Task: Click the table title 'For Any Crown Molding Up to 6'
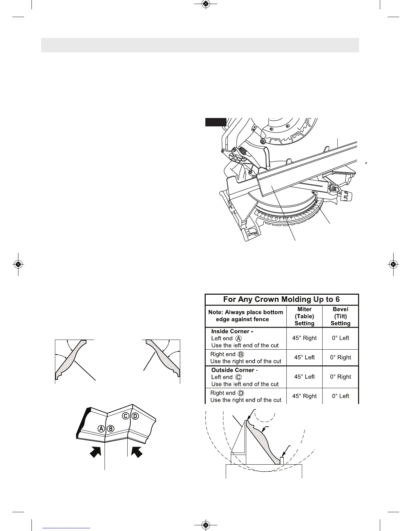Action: (281, 299)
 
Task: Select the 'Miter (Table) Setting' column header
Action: (304, 316)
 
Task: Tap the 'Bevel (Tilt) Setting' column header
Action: (340, 316)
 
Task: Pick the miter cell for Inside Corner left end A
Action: (304, 338)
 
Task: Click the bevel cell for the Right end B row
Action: (340, 357)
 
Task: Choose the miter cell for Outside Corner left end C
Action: (304, 377)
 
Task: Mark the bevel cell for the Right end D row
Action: (340, 396)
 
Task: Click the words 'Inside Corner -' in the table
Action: (232, 332)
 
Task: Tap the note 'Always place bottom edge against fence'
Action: (246, 316)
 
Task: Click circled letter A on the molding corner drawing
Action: (101, 428)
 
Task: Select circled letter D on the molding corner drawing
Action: (135, 416)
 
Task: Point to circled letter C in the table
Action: (239, 377)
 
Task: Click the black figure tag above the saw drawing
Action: (216, 122)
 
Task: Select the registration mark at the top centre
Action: (206, 4)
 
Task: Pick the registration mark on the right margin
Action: (393, 264)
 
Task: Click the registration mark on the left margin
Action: (18, 264)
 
